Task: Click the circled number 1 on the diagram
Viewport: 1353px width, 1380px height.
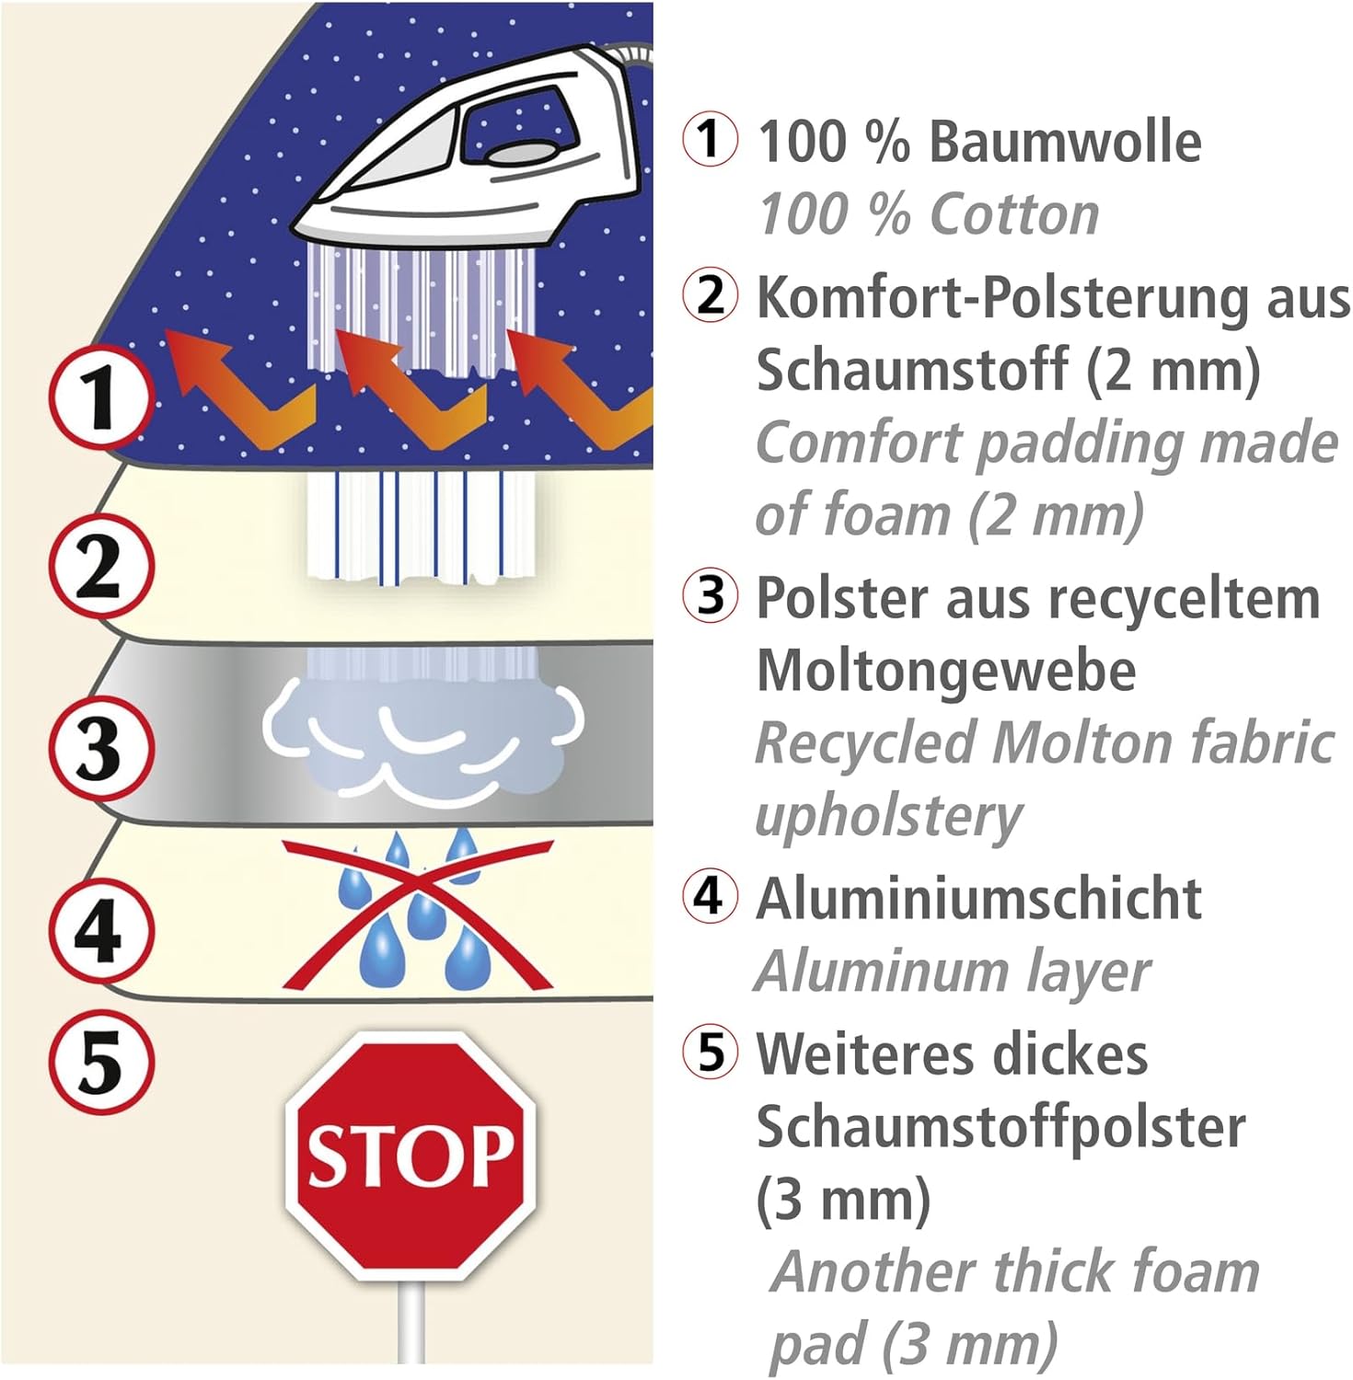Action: (x=100, y=398)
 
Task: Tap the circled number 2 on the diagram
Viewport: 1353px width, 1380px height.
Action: (x=100, y=566)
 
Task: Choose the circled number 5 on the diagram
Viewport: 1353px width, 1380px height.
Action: (x=100, y=1063)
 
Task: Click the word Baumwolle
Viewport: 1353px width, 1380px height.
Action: (x=1065, y=143)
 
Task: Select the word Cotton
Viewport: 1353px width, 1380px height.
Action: (x=1014, y=215)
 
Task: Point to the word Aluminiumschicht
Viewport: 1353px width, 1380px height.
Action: (x=978, y=899)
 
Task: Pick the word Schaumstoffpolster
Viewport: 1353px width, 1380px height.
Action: (x=1000, y=1127)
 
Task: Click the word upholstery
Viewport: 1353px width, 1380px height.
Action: (x=888, y=815)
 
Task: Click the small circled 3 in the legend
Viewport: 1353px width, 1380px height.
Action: (x=710, y=595)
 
